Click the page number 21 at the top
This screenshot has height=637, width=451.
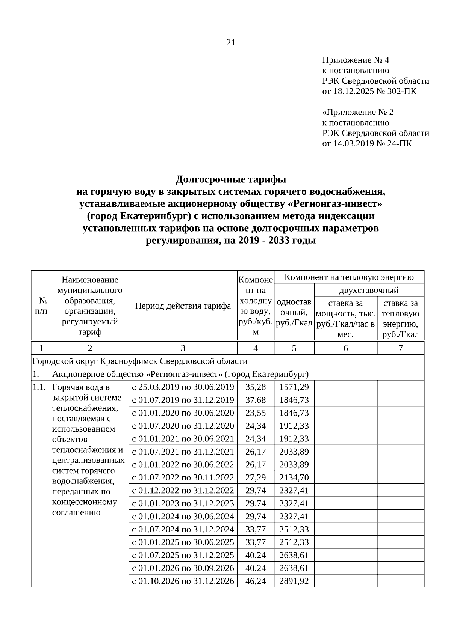[x=231, y=43]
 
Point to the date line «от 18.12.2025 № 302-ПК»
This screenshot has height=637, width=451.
[x=369, y=91]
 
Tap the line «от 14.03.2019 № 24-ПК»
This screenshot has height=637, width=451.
[x=367, y=143]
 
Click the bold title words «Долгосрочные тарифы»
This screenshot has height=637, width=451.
[x=231, y=179]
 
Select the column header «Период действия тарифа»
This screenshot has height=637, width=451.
[x=183, y=306]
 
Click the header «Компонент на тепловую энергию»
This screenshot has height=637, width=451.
[x=349, y=277]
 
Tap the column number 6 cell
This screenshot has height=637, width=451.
[x=345, y=348]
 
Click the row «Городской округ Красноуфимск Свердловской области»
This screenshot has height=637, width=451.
[x=140, y=361]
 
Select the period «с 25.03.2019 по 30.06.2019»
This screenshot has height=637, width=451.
[x=183, y=387]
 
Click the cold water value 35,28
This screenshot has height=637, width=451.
[x=255, y=387]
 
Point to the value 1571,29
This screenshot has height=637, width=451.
[x=294, y=387]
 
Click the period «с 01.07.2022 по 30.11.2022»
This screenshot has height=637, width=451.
[x=183, y=477]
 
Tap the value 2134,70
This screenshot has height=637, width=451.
[x=294, y=477]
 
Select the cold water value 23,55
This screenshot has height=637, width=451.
[x=255, y=413]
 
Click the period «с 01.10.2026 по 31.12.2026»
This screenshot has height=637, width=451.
[x=183, y=581]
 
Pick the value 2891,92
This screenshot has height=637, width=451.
[x=294, y=581]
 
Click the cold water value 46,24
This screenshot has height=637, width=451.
[x=255, y=581]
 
